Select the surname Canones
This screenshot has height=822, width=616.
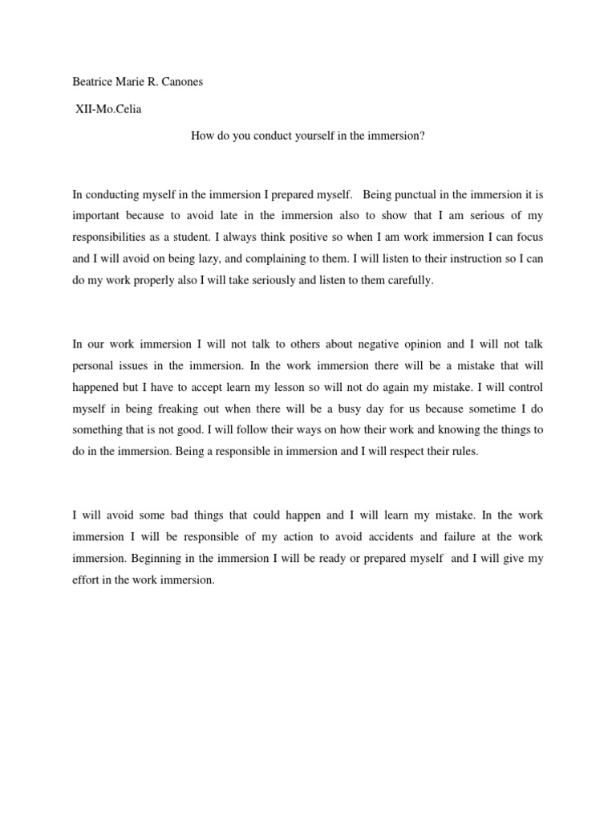[x=180, y=83]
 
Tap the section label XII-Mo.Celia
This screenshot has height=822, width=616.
[x=107, y=109]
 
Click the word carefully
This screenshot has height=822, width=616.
[x=409, y=282]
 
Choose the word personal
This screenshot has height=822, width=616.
[x=93, y=364]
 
